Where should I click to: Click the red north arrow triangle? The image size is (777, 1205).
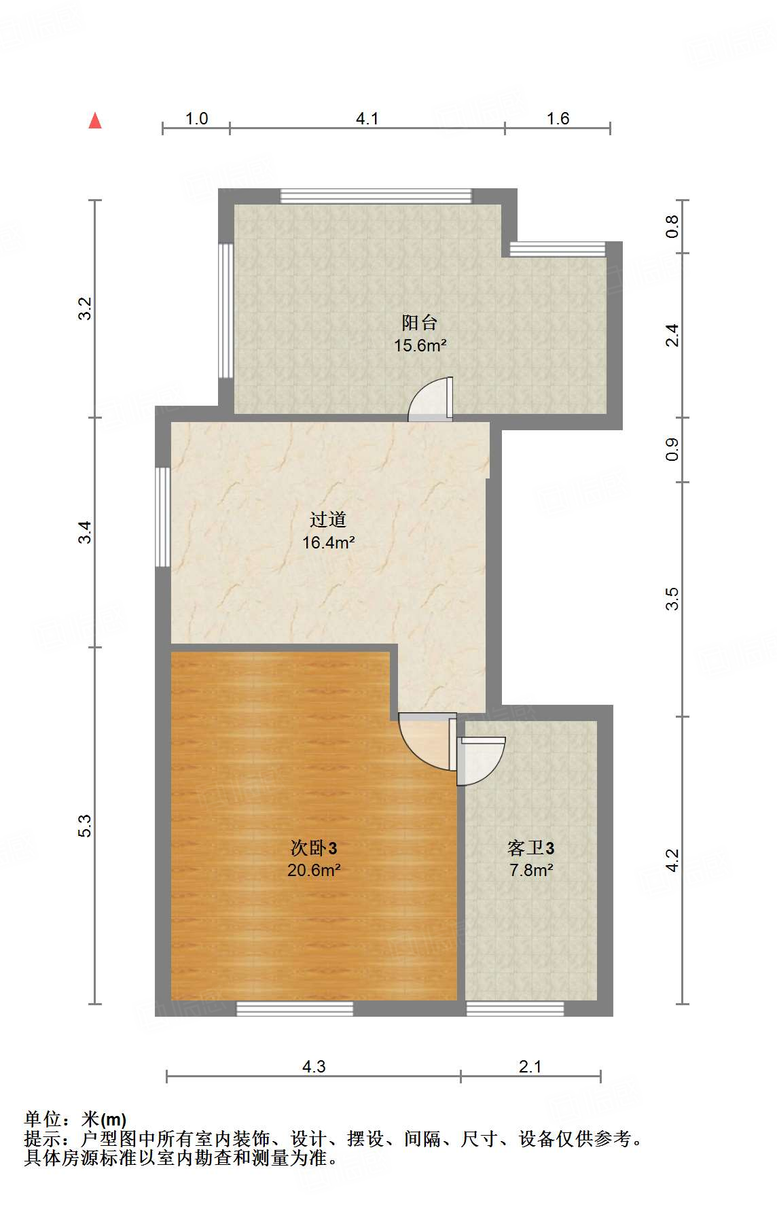[x=95, y=121]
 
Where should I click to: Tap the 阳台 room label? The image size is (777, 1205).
[x=419, y=322]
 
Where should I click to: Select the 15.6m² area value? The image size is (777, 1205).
[x=420, y=345]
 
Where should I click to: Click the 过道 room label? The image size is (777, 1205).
[x=328, y=520]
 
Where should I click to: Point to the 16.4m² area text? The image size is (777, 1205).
[x=329, y=542]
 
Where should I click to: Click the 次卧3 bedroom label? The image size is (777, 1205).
[x=313, y=848]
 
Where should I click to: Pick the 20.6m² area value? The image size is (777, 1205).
[x=313, y=870]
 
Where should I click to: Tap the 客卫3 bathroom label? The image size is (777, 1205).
[x=530, y=848]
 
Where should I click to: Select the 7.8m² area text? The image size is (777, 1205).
[x=531, y=870]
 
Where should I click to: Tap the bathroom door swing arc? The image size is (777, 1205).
[x=482, y=760]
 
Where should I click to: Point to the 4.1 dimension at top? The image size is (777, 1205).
[x=367, y=119]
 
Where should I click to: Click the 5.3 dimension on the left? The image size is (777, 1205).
[x=84, y=825]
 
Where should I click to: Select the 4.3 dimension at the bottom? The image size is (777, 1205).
[x=314, y=1066]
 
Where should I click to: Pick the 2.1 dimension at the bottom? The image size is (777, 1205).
[x=530, y=1066]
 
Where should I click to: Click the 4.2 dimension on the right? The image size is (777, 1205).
[x=672, y=860]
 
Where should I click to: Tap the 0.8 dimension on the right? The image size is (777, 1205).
[x=672, y=226]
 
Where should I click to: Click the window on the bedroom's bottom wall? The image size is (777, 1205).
[x=295, y=1009]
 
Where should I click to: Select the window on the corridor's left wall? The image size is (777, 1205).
[x=162, y=517]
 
